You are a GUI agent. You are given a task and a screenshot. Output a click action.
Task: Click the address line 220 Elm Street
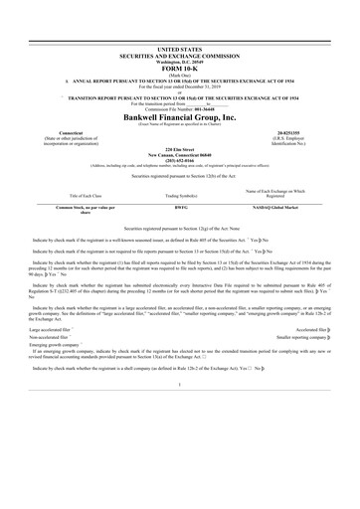pos(180,146)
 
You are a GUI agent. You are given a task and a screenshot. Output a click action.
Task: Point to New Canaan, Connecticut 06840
pos(180,152)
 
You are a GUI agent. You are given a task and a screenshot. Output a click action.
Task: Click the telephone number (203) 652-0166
pos(180,158)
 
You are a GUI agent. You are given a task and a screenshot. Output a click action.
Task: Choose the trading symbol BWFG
pos(180,207)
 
